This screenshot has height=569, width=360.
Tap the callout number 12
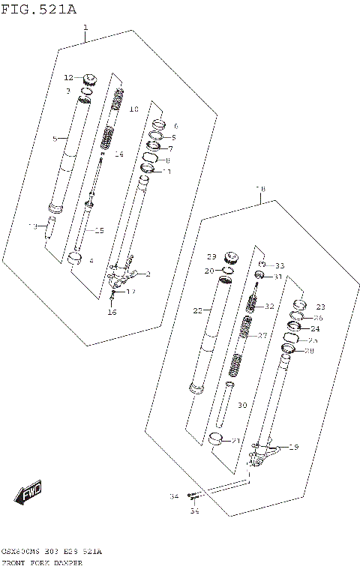pyautogui.click(x=68, y=77)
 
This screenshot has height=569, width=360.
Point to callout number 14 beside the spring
pyautogui.click(x=118, y=154)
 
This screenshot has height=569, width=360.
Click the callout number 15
pyautogui.click(x=99, y=231)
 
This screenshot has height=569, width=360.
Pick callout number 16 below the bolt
pyautogui.click(x=112, y=312)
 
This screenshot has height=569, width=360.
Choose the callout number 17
pyautogui.click(x=130, y=292)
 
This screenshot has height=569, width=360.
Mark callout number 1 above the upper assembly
pyautogui.click(x=85, y=28)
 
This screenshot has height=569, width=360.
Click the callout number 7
pyautogui.click(x=170, y=148)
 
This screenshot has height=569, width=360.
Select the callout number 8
pyautogui.click(x=167, y=160)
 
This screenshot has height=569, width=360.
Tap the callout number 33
pyautogui.click(x=280, y=266)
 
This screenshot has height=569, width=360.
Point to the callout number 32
pyautogui.click(x=270, y=306)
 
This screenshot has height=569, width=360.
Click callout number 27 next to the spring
pyautogui.click(x=262, y=336)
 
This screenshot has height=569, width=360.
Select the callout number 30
pyautogui.click(x=241, y=405)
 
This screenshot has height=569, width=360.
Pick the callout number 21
pyautogui.click(x=235, y=441)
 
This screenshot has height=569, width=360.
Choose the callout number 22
pyautogui.click(x=198, y=310)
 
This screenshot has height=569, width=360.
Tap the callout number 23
pyautogui.click(x=321, y=307)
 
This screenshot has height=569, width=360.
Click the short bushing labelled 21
pyautogui.click(x=217, y=439)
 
